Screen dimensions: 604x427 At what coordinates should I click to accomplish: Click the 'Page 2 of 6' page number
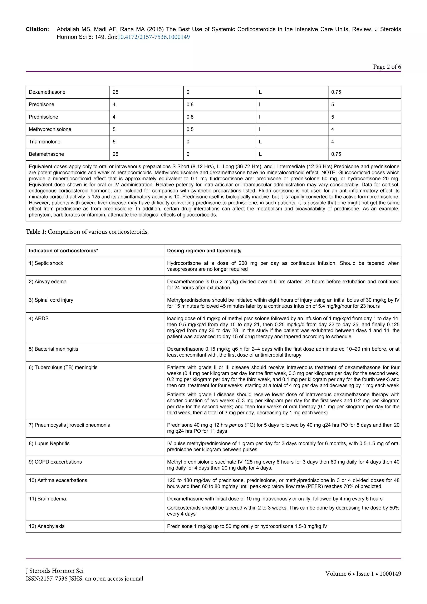[x=387, y=67]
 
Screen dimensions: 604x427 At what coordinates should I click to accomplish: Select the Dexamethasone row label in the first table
[x=47, y=92]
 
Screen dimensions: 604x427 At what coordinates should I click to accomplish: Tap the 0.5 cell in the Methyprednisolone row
[x=190, y=129]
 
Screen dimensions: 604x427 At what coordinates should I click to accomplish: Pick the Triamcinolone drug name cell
[x=44, y=142]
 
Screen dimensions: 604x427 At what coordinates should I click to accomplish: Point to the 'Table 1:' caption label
[x=36, y=232]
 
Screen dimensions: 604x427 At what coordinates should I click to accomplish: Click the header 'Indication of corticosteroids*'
[x=63, y=251]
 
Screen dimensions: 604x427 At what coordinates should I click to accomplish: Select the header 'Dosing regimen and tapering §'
[x=204, y=251]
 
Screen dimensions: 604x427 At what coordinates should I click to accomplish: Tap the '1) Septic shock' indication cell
[x=46, y=263]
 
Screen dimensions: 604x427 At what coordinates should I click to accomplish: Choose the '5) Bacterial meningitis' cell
[x=53, y=349]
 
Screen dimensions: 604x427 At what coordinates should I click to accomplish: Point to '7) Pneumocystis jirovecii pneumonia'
[x=69, y=425]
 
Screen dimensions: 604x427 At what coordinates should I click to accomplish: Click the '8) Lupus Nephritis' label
[x=49, y=443]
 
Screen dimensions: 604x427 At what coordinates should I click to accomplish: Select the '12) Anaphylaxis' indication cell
[x=46, y=526]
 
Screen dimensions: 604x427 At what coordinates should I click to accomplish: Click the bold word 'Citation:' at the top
[x=37, y=29]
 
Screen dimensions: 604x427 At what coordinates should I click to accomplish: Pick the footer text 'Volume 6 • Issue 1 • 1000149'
[x=363, y=574]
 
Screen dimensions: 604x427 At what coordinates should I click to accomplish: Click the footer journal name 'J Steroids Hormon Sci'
[x=54, y=571]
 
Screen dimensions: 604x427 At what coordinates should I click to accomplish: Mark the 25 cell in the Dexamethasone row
[x=116, y=92]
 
